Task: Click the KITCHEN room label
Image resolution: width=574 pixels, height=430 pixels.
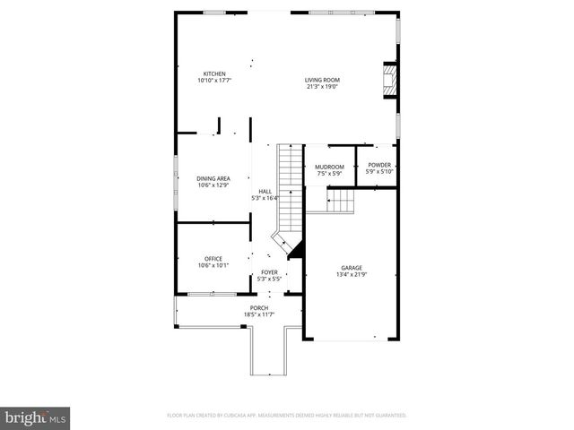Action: (214, 73)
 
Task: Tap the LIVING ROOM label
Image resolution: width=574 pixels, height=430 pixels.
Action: (323, 80)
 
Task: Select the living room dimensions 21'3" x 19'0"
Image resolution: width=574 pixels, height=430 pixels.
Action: (323, 87)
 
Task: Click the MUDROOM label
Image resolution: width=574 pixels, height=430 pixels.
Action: (329, 166)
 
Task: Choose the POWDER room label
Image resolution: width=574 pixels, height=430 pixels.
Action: (379, 166)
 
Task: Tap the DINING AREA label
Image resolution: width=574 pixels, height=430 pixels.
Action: (213, 178)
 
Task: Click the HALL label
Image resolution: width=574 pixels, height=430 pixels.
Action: (265, 191)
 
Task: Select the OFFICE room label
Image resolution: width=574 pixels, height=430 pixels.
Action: (213, 259)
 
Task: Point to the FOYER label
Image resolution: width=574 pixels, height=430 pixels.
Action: (269, 271)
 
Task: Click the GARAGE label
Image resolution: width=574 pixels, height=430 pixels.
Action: (351, 268)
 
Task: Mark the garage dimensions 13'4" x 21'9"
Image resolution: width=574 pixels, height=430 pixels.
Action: (351, 275)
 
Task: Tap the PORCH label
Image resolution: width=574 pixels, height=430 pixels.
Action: (259, 308)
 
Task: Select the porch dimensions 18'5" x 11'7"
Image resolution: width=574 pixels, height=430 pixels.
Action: (259, 315)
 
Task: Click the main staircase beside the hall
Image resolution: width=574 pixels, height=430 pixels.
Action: (289, 188)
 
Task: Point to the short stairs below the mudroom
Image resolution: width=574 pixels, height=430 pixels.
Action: (342, 201)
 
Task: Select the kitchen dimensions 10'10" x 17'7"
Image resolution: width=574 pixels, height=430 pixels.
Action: (214, 81)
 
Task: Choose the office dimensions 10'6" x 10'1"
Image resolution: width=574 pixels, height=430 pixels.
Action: (213, 266)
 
